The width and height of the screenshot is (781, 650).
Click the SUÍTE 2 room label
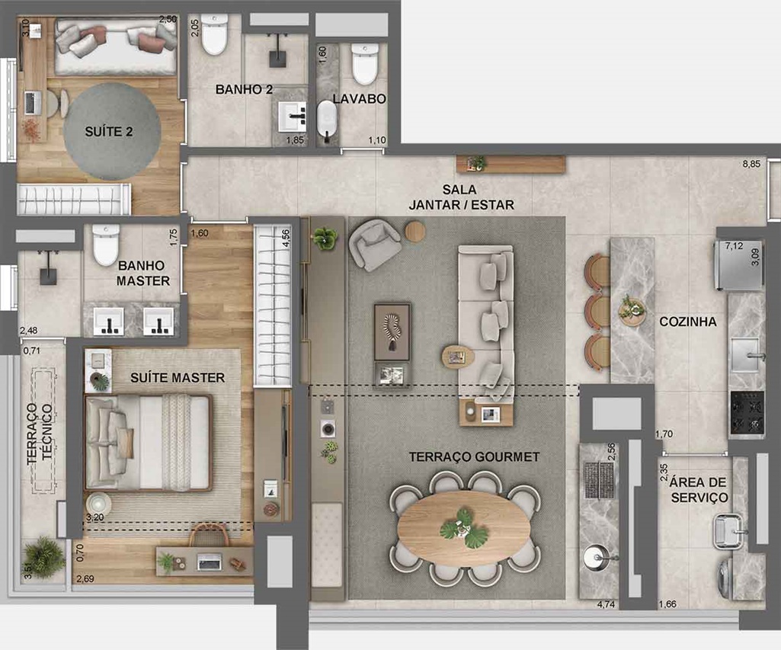coord(109,132)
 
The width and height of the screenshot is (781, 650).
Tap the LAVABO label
coord(359,98)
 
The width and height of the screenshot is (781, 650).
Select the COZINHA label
coord(688,322)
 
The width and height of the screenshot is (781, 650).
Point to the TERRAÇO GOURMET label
coord(474,456)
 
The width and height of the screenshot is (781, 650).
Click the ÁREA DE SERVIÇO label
coord(698,490)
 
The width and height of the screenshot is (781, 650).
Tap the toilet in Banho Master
coord(106,245)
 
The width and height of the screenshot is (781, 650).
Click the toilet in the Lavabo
coord(365,64)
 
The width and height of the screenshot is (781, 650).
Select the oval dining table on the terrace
coord(464,529)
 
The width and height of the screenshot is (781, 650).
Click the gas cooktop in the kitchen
coord(747,411)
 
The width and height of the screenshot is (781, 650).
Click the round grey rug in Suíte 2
coord(112,132)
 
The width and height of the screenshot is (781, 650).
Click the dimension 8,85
coord(751,163)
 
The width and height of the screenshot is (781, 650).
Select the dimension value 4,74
coord(606,604)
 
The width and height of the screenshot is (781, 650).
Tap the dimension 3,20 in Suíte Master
coord(94,517)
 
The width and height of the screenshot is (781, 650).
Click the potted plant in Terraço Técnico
coord(44,557)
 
